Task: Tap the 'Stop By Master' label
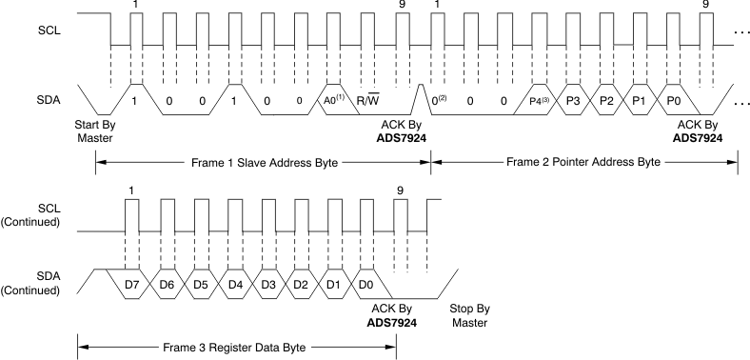pos(468,315)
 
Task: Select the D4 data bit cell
pos(233,284)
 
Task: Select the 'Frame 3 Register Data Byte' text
pos(236,347)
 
